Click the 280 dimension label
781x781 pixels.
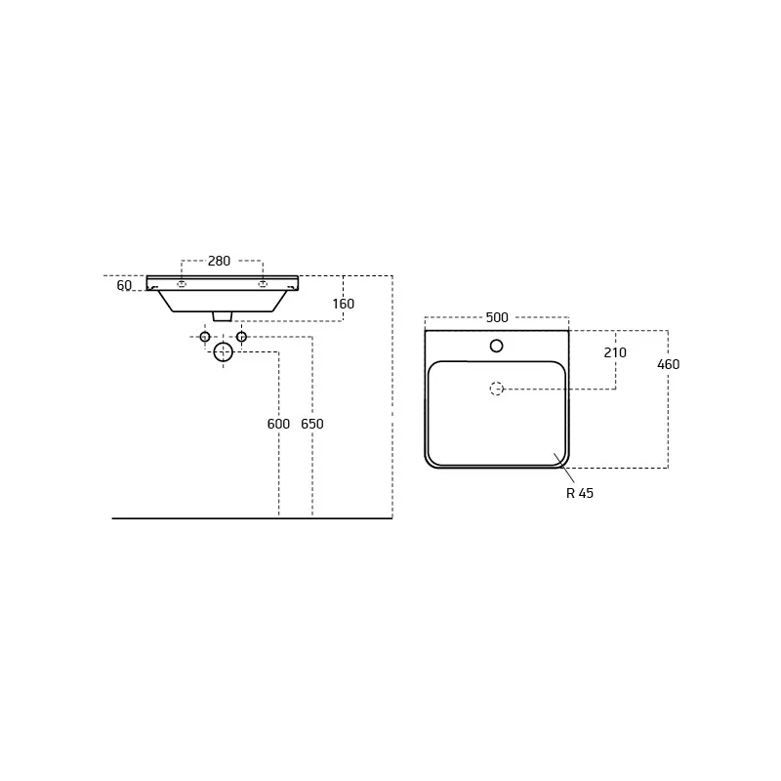(x=219, y=261)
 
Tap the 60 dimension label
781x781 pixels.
(x=124, y=285)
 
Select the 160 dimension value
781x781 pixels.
(x=344, y=304)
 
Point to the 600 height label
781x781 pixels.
(x=278, y=424)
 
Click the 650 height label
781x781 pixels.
(x=312, y=424)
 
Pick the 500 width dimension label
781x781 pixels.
(x=497, y=317)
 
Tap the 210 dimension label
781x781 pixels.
(x=615, y=352)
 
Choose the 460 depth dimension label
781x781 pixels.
(x=669, y=364)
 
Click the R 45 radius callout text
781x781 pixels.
(x=580, y=493)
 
